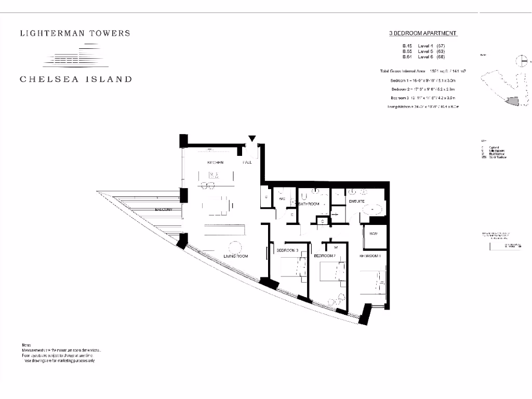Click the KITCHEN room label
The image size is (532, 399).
tap(215, 163)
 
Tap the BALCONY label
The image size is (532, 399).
tap(164, 209)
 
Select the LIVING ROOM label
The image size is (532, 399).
tap(236, 257)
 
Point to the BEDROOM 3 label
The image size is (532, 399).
tap(287, 251)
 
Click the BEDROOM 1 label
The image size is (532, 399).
tap(371, 256)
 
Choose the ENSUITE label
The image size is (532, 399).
tap(356, 201)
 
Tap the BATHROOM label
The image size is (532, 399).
tap(309, 204)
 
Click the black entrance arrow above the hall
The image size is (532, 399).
tap(252, 139)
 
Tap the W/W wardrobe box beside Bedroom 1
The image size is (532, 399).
tap(374, 235)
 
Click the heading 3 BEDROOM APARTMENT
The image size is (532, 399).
tap(423, 33)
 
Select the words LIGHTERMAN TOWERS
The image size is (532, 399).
tap(75, 33)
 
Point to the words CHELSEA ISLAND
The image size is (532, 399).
tap(76, 79)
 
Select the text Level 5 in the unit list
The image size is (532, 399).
tap(423, 52)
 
